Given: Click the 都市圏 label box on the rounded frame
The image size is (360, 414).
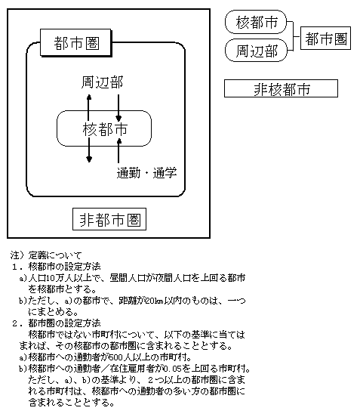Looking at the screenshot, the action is (76, 43).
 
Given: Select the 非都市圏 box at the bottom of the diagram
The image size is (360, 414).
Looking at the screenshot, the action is (109, 219).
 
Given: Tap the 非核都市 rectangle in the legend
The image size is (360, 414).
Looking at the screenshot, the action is (281, 88).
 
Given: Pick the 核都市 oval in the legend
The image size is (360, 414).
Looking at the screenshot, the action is (256, 22).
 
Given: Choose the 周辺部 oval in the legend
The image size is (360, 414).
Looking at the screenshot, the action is (256, 51).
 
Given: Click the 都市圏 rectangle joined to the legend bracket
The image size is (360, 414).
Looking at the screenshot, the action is (325, 38).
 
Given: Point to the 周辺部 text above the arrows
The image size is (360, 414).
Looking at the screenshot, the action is (102, 82).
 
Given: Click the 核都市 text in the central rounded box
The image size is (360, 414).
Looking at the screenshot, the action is (105, 129).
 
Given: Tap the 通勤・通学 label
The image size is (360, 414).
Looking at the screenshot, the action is (146, 173).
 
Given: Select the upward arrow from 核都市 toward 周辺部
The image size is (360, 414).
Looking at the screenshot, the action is (89, 107).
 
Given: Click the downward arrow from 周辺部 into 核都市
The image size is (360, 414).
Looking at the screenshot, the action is (118, 108).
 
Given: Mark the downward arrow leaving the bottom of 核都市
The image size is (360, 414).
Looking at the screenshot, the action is (89, 150).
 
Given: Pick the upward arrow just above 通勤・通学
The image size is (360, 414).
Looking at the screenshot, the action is (118, 151).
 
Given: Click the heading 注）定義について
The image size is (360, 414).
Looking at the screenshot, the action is (46, 255).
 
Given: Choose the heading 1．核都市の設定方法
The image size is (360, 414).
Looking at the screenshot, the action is (56, 267).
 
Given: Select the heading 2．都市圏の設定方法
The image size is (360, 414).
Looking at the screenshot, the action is (56, 323).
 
